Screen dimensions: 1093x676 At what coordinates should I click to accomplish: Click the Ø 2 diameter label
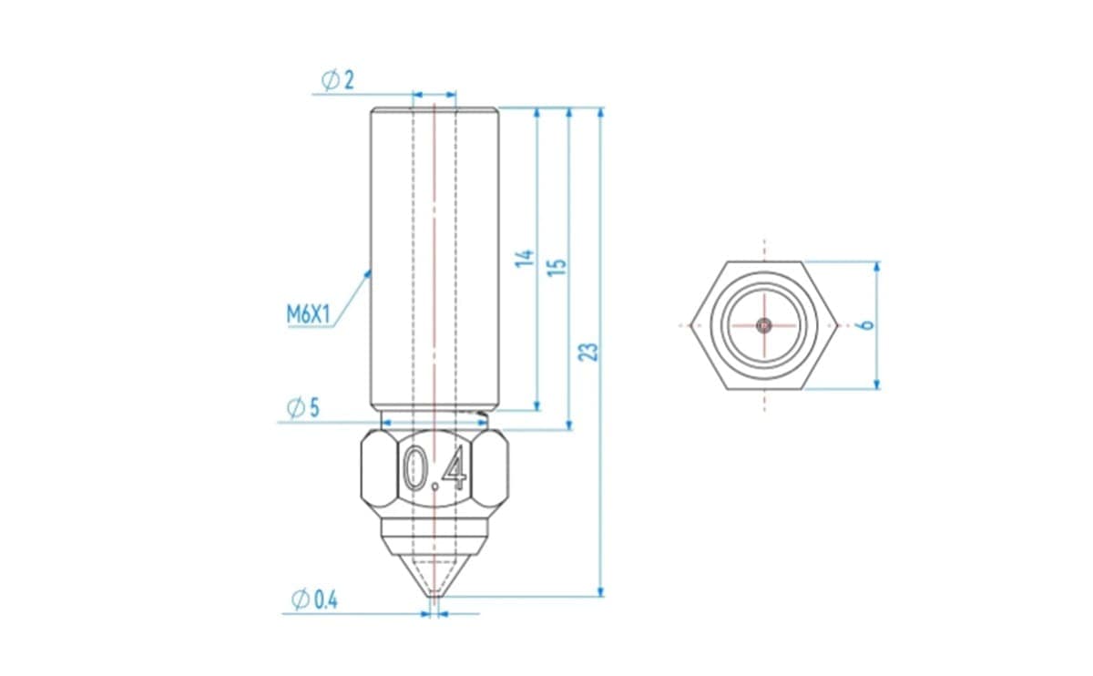click(338, 80)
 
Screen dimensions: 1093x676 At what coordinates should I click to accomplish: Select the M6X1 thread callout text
click(309, 315)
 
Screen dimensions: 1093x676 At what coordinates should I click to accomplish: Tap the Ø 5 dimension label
click(303, 408)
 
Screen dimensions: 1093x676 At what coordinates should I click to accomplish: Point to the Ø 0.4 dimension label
click(314, 599)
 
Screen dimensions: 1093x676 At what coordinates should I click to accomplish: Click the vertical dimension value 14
click(525, 258)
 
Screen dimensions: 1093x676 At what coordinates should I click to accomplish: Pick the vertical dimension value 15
click(557, 267)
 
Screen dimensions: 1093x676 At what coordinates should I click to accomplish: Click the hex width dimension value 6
click(866, 324)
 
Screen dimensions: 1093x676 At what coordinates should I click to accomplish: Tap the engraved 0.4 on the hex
click(434, 468)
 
